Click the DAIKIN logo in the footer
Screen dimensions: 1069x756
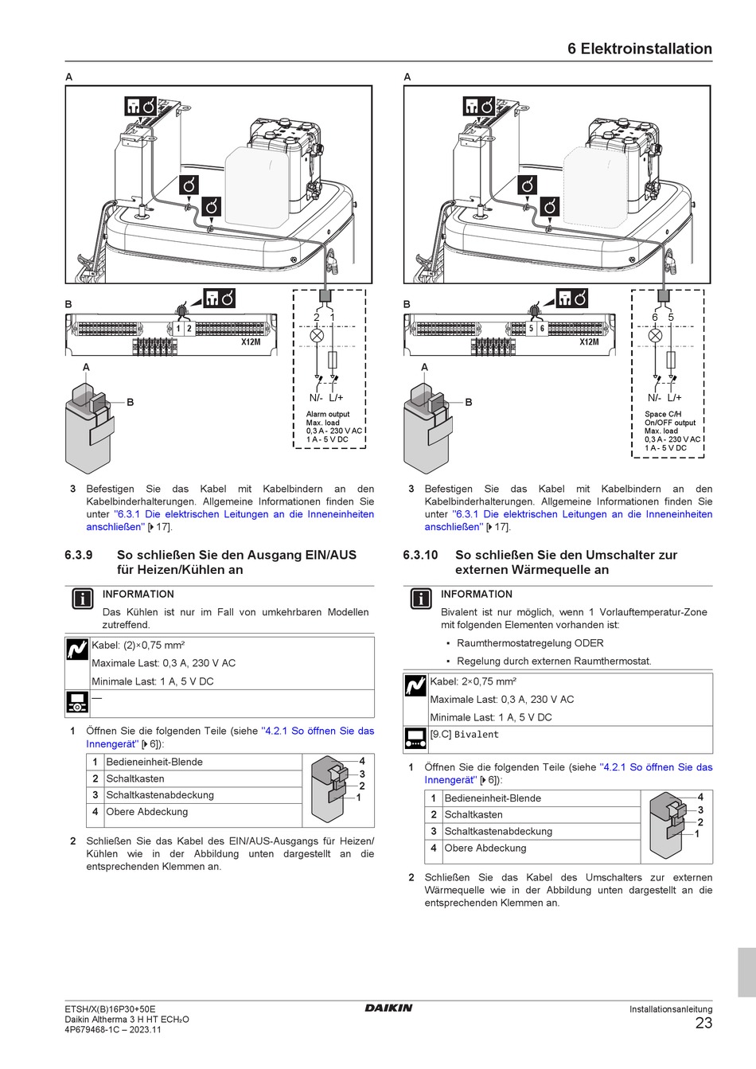click(x=388, y=1008)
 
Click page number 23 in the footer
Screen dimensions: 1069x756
click(x=703, y=1024)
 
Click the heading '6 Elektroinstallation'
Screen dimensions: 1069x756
click(x=639, y=49)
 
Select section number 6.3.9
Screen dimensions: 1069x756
click(x=79, y=555)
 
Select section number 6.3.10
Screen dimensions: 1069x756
click(x=420, y=555)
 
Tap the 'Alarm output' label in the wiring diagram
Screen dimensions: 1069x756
click(x=328, y=414)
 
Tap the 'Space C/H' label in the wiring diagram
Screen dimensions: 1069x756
click(x=663, y=414)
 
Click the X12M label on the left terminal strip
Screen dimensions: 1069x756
click(x=251, y=341)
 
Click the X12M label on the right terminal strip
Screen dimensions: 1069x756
click(x=589, y=341)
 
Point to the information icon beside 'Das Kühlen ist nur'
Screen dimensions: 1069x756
click(x=83, y=599)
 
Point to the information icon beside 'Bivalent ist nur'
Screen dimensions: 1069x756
click(x=421, y=599)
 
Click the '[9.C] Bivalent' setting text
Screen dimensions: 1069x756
click(x=465, y=735)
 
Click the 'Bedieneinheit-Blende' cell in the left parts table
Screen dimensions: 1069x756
click(x=154, y=762)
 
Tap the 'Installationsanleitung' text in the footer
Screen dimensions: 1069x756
click(x=671, y=1009)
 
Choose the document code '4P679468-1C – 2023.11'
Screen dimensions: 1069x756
click(x=112, y=1029)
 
